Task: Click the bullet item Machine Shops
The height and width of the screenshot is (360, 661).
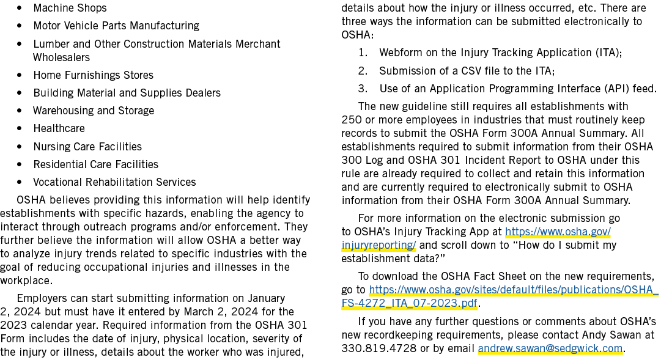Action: (x=70, y=8)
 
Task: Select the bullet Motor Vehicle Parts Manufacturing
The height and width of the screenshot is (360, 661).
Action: (x=116, y=26)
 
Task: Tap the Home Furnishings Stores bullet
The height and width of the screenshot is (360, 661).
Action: (x=93, y=75)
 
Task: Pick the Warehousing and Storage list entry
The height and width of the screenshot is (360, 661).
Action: (x=94, y=111)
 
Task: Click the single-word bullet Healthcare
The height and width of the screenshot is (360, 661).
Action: (x=59, y=128)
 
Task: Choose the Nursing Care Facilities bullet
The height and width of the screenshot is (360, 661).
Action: (x=87, y=147)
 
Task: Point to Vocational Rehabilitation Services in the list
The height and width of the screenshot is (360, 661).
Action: (x=115, y=182)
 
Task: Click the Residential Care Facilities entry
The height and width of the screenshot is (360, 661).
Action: (x=95, y=164)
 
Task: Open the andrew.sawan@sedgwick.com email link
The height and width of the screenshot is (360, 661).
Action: (x=550, y=348)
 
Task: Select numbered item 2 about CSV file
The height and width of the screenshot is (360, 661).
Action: (x=457, y=71)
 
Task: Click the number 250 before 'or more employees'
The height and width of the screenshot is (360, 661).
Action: (x=352, y=120)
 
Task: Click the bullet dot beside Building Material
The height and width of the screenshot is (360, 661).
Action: (x=20, y=93)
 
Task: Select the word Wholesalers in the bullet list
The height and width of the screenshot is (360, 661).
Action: (x=62, y=57)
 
